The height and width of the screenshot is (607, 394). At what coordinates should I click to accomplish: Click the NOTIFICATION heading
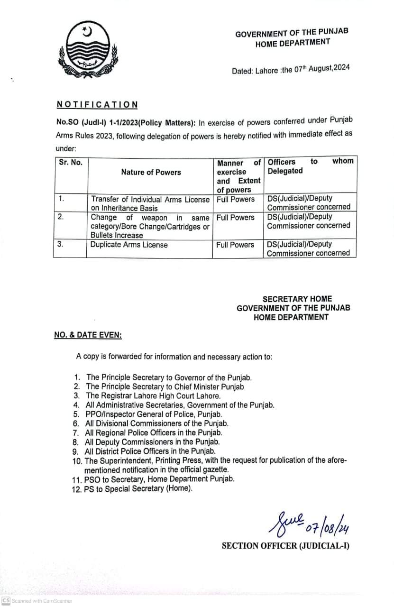[97, 104]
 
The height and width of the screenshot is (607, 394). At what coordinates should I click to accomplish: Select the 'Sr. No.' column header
[71, 162]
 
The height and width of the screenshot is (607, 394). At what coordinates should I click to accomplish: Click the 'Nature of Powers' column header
[151, 172]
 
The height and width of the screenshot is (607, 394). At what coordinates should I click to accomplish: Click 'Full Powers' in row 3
[235, 245]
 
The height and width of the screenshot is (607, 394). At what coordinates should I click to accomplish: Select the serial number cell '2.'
[61, 217]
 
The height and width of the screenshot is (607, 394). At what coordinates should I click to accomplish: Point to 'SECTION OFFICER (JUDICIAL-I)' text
[285, 546]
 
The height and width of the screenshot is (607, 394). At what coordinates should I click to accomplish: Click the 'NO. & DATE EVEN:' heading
[88, 335]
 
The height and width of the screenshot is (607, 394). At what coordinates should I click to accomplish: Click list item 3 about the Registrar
[153, 395]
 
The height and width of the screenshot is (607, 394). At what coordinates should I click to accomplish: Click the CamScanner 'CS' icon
[5, 600]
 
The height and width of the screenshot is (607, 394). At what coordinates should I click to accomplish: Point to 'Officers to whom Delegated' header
[310, 166]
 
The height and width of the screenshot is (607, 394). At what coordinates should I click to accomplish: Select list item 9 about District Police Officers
[150, 451]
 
